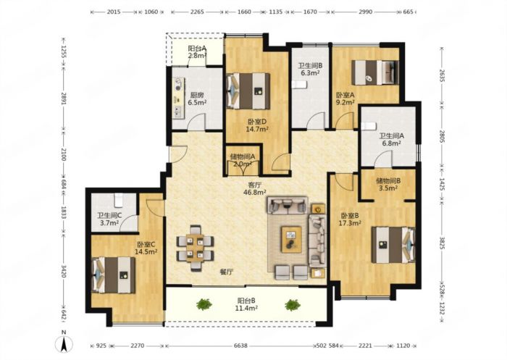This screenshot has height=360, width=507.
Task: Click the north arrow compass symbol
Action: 64,343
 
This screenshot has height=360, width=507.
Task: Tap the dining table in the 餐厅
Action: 195,248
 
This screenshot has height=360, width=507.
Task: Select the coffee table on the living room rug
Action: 291,239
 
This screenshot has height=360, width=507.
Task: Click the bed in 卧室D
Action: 248,91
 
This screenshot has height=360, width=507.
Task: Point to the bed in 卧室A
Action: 375,72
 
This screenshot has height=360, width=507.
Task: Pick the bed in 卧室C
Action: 114,275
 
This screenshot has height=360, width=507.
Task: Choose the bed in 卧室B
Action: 393,245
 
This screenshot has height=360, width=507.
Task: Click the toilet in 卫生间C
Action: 119,200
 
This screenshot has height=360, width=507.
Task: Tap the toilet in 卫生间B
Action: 299,85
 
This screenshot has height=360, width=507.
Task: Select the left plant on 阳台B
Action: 204,304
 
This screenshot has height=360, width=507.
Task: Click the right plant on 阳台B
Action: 293,305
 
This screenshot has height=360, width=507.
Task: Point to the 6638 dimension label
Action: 240,346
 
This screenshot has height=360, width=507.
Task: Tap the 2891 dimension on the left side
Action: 64,97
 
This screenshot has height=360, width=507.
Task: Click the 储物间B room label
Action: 388,181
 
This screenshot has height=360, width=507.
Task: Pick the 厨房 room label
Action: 197,95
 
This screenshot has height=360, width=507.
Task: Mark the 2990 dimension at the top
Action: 365,12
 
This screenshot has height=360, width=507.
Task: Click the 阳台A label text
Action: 197,49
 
